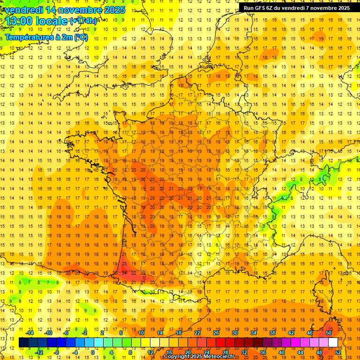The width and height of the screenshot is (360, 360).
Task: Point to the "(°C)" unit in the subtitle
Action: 80,37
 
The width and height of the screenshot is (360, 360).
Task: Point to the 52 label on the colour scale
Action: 338,352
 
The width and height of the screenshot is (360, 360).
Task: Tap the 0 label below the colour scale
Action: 92,352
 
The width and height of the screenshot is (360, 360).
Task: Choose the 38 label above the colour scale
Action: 272,333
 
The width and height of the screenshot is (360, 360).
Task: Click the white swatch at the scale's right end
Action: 333,343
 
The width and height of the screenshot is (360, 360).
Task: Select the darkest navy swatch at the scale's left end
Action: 23,343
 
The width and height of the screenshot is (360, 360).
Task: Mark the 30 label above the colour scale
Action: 235,333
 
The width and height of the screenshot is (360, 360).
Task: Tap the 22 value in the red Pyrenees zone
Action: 134,273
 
